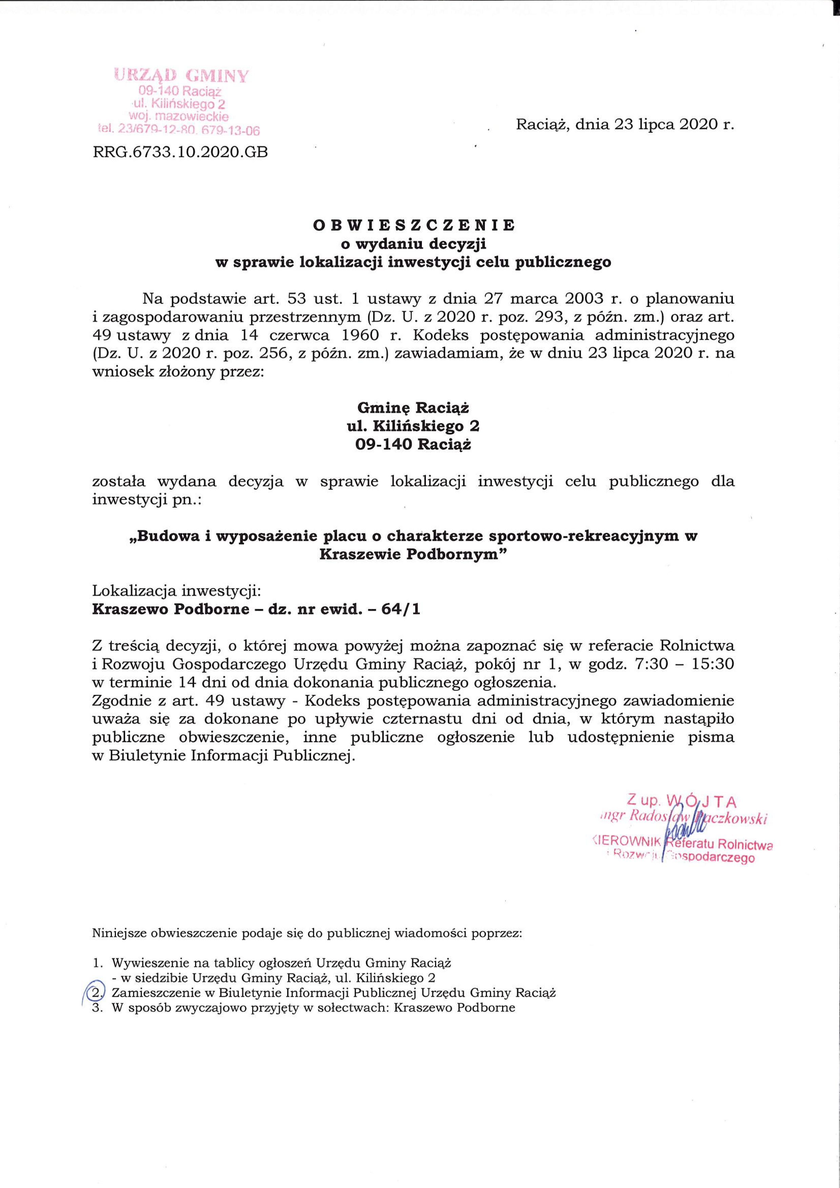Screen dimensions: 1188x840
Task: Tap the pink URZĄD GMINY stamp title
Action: click(182, 76)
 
